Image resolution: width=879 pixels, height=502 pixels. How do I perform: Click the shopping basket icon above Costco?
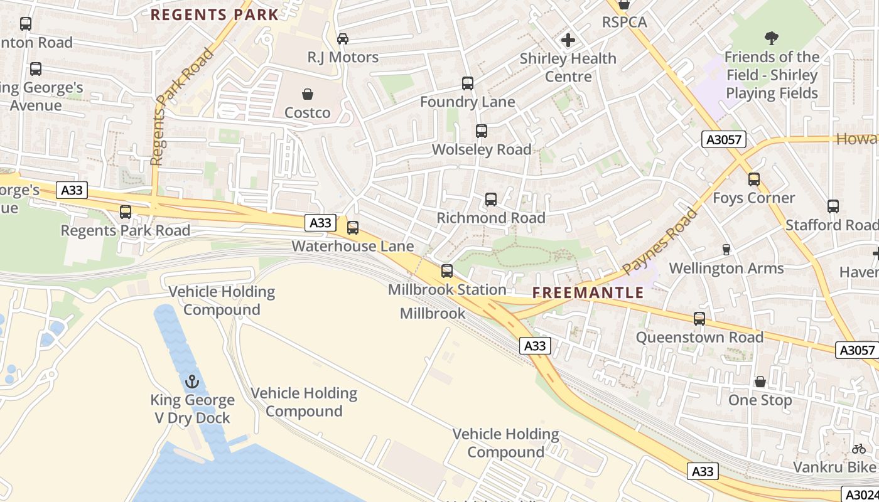point(308,94)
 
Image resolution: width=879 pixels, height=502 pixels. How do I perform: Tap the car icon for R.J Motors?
point(343,39)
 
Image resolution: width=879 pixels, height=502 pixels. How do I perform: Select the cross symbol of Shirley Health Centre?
point(568,41)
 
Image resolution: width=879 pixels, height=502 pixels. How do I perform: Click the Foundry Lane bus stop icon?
point(468,83)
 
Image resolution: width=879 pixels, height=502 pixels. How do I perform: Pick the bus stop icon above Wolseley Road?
point(482,131)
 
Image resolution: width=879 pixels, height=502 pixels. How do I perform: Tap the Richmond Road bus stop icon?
point(491,200)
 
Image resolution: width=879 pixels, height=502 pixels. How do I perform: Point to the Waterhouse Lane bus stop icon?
point(353,228)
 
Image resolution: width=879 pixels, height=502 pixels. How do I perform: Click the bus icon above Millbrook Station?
point(447,271)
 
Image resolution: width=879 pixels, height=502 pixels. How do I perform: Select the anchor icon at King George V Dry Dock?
point(192,382)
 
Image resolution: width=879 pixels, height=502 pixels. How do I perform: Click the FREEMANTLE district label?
point(588,292)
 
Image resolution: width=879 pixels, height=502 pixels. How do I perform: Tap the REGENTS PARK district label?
point(215,15)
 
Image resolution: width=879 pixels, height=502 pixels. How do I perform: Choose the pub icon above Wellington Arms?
point(726,250)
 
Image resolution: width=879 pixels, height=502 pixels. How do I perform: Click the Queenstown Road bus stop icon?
point(699,319)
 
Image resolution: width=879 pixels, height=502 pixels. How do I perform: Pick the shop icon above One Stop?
point(760,382)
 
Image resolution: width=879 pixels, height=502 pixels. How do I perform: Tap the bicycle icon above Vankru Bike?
point(859,449)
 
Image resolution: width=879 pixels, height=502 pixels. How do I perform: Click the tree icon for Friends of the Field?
point(772,38)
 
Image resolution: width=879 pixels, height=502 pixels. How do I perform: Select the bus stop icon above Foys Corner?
point(754,179)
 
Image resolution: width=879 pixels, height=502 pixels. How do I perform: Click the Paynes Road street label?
point(661,242)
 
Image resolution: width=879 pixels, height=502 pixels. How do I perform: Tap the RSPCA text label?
point(624,22)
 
